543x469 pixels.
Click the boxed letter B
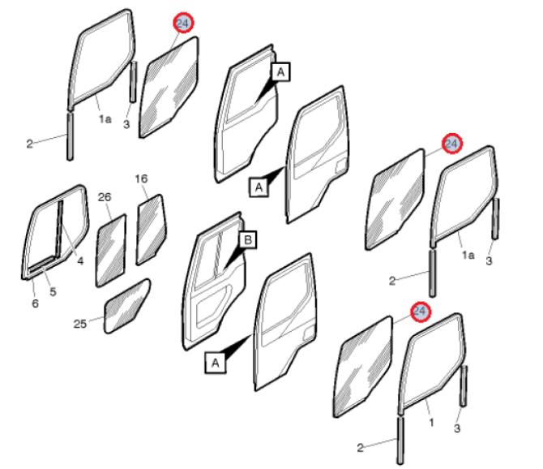pyautogui.click(x=248, y=240)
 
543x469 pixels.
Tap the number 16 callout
pyautogui.click(x=141, y=179)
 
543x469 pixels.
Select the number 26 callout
pyautogui.click(x=105, y=197)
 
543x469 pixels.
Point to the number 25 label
pyautogui.click(x=80, y=324)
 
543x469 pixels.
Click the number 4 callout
pyautogui.click(x=80, y=260)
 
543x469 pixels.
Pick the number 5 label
pyautogui.click(x=53, y=291)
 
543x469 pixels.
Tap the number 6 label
pyautogui.click(x=35, y=303)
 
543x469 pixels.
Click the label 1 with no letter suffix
pyautogui.click(x=431, y=423)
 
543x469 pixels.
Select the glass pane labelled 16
pyautogui.click(x=151, y=230)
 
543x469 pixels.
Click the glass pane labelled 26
pyautogui.click(x=111, y=251)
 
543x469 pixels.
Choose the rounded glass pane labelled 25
pyautogui.click(x=126, y=306)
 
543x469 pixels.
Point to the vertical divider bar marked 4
pyautogui.click(x=59, y=228)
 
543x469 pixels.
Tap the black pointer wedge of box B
pyautogui.click(x=233, y=258)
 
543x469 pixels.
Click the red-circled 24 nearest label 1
pyautogui.click(x=421, y=312)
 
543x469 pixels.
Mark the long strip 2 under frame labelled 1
pyautogui.click(x=400, y=441)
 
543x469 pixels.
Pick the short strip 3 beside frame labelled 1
pyautogui.click(x=464, y=385)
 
